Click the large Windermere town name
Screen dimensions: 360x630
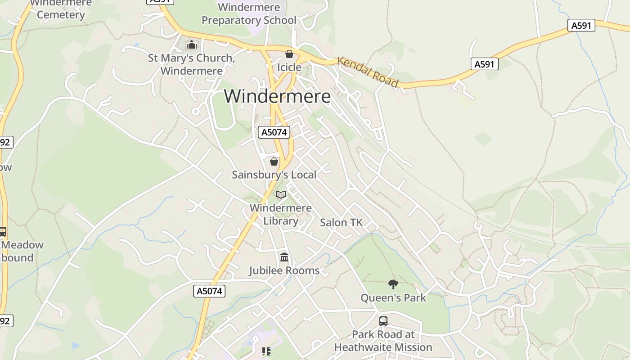[x=277, y=96]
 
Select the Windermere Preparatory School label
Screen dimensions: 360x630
[x=249, y=14]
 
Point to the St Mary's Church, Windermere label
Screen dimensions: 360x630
[x=192, y=64]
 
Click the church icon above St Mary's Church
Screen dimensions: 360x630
[x=192, y=45]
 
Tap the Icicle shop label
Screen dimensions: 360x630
[x=289, y=67]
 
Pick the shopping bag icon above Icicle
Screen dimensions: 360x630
[x=289, y=54]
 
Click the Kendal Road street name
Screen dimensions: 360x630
[x=368, y=72]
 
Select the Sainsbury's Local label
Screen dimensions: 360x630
[x=274, y=175]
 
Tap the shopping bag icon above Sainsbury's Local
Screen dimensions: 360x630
[x=274, y=161]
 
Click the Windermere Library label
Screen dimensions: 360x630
[x=281, y=214]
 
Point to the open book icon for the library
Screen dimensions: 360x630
[x=281, y=194]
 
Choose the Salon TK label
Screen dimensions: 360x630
[x=341, y=222]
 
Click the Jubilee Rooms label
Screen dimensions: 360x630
[x=284, y=270]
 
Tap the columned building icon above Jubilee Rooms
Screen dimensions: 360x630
[x=284, y=257]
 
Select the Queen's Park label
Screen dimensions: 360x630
[x=393, y=297]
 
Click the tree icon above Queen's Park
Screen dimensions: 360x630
[x=393, y=284]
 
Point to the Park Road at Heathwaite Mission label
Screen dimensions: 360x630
[x=383, y=341]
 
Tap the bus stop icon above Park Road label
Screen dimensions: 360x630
[x=383, y=321]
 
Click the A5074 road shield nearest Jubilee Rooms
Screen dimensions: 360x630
[x=210, y=291]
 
